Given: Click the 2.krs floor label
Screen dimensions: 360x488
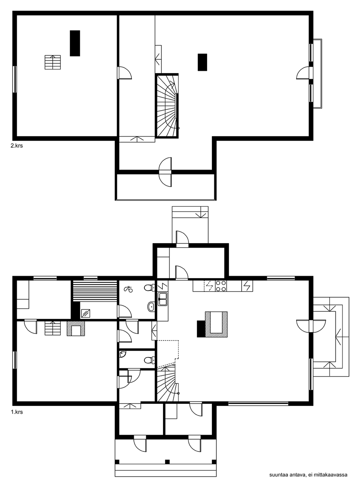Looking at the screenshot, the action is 17,146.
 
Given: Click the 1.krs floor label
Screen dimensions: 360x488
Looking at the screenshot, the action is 17,412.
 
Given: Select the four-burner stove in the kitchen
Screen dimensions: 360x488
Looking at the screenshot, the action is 221,286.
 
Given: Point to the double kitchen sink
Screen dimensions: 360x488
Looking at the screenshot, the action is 163,299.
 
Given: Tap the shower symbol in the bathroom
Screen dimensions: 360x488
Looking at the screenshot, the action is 129,289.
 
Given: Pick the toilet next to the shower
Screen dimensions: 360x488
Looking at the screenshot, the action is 150,288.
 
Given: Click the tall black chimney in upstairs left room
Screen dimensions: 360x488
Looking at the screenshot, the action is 75,44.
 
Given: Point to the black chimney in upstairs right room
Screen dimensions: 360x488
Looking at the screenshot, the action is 203,62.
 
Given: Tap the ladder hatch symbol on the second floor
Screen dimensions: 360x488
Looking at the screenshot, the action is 53,62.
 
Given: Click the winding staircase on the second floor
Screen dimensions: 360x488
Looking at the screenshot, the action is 167,106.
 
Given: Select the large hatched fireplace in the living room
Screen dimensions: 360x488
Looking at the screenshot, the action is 216,325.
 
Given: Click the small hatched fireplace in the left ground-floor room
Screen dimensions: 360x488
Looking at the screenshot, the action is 76,329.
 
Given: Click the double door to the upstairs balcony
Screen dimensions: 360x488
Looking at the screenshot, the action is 166,172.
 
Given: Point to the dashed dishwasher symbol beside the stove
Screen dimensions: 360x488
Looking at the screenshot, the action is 209,286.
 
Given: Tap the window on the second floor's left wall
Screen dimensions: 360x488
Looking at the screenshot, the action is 15,79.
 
